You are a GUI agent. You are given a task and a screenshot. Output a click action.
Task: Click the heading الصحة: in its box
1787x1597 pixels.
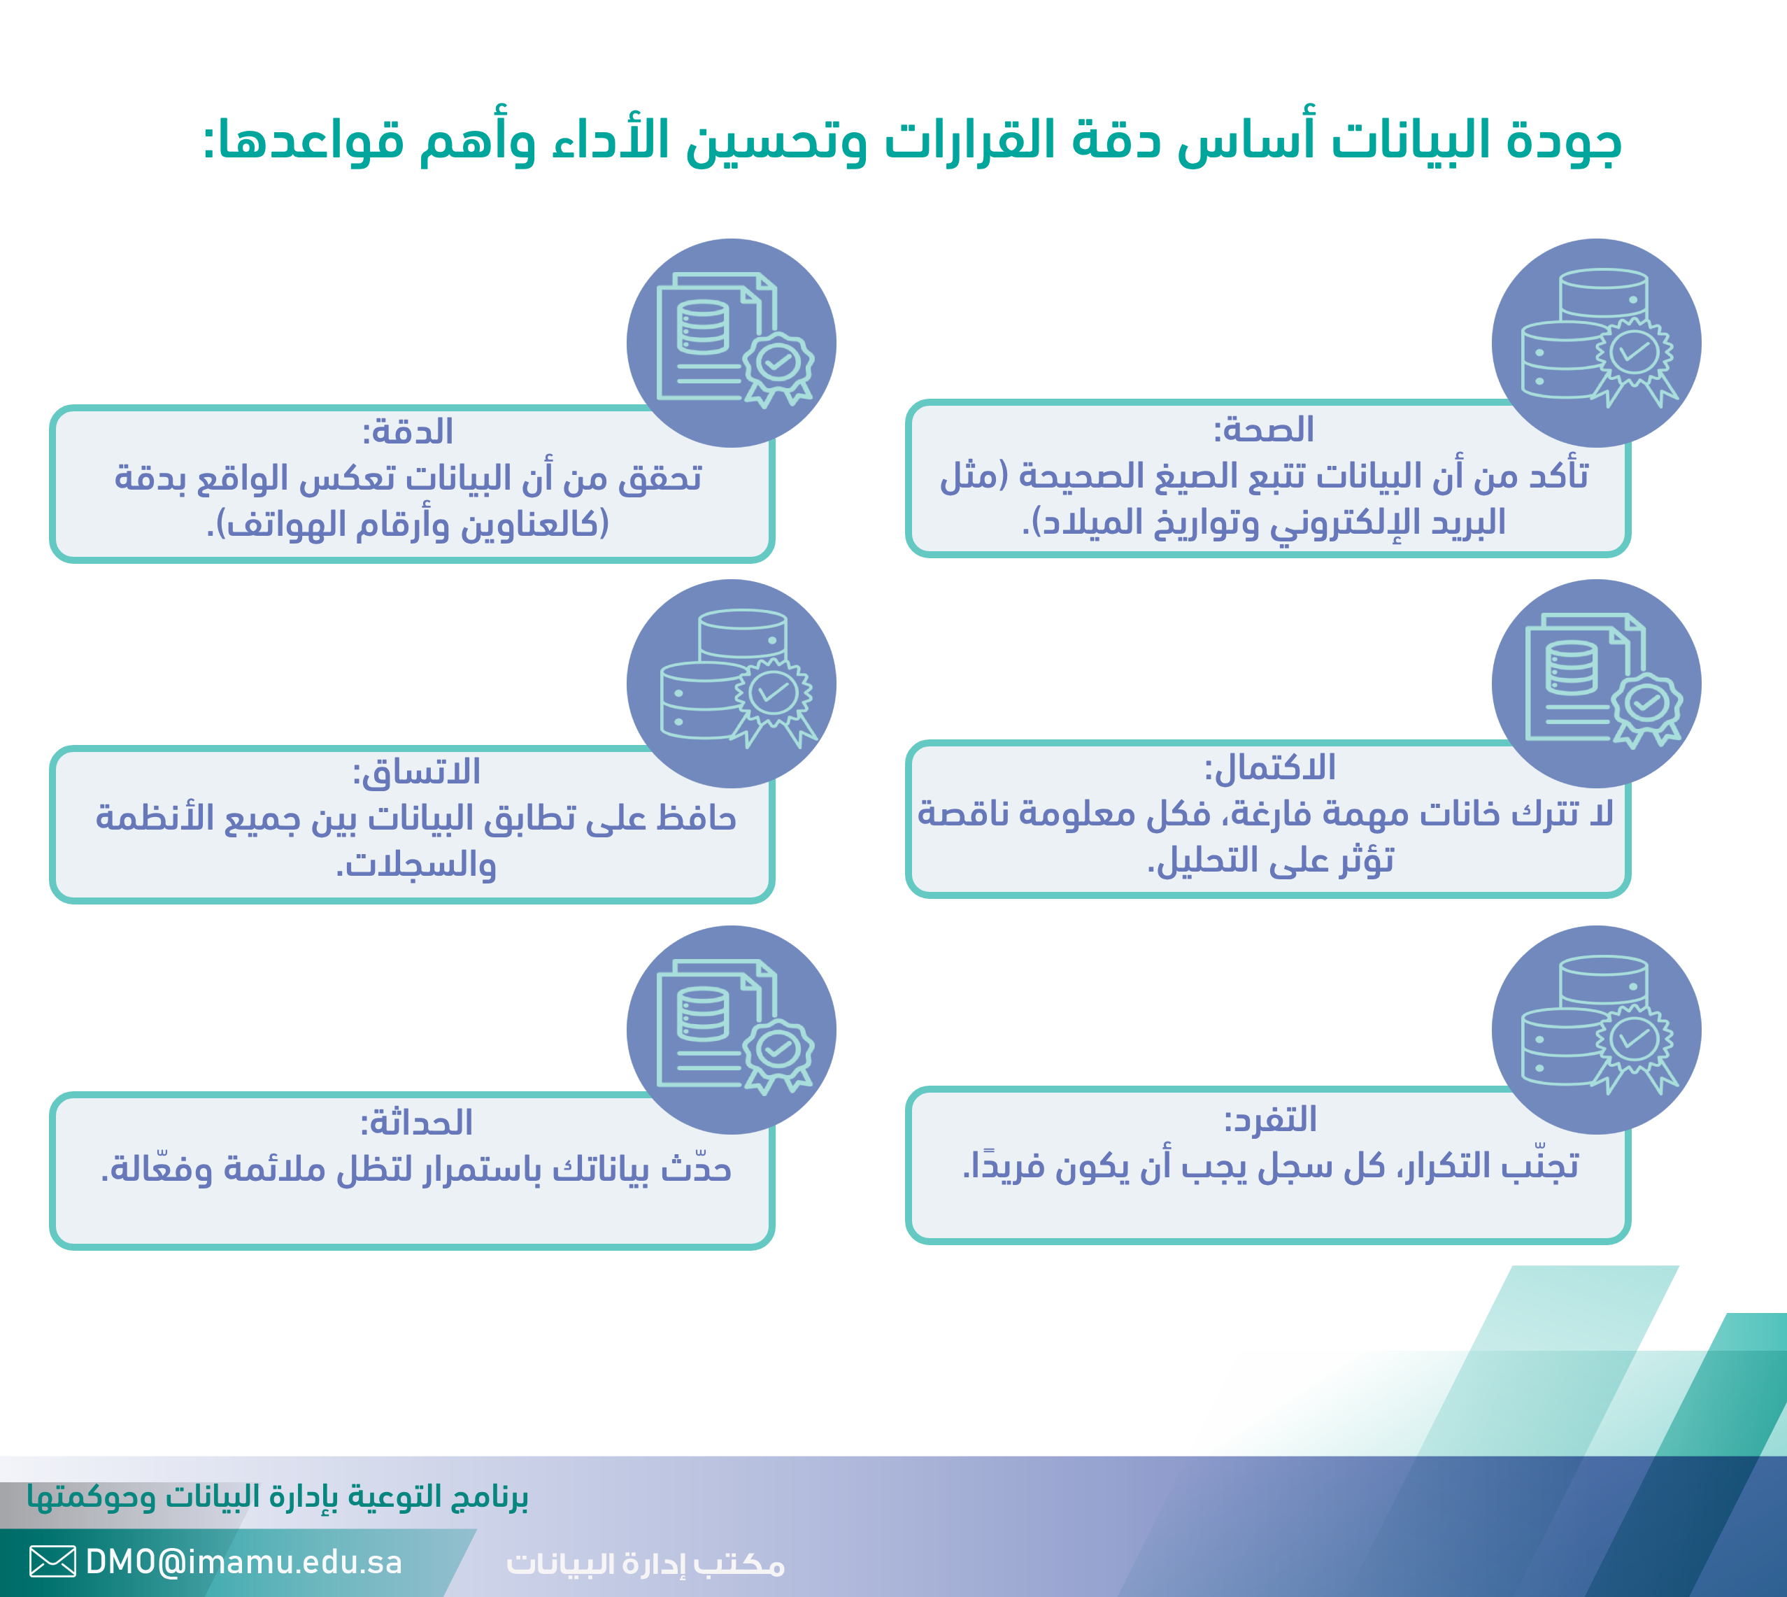click(x=1263, y=430)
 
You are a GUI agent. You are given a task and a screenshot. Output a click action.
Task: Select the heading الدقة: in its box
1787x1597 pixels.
click(x=408, y=432)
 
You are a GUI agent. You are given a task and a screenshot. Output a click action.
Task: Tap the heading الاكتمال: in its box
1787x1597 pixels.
click(x=1269, y=768)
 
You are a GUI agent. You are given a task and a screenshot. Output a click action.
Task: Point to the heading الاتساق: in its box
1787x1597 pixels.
click(x=417, y=772)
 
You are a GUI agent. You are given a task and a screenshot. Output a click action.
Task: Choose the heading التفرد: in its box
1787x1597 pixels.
click(x=1270, y=1120)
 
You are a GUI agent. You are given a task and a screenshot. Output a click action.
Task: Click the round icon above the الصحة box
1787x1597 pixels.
click(x=1597, y=343)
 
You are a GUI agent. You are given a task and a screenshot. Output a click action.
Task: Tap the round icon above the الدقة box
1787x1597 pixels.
click(x=732, y=343)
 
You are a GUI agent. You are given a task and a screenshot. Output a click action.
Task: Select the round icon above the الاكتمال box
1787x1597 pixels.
click(x=1597, y=683)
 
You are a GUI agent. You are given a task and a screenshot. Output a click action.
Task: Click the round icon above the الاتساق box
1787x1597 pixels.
click(x=732, y=683)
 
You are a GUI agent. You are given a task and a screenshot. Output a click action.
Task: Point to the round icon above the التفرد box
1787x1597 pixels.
click(x=1597, y=1030)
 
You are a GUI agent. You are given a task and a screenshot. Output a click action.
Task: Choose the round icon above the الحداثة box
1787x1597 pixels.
click(x=732, y=1030)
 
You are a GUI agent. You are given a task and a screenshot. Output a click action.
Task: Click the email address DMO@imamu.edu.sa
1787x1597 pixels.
click(x=244, y=1562)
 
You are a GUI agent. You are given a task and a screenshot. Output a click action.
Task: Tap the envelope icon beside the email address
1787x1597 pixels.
click(x=52, y=1562)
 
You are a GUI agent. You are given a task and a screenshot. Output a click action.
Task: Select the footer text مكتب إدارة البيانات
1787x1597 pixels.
click(x=646, y=1563)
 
